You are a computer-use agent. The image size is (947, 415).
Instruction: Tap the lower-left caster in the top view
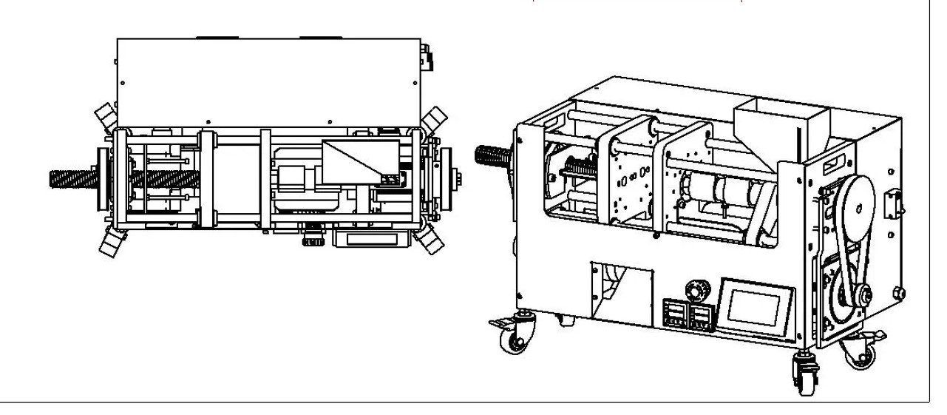point(109,243)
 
